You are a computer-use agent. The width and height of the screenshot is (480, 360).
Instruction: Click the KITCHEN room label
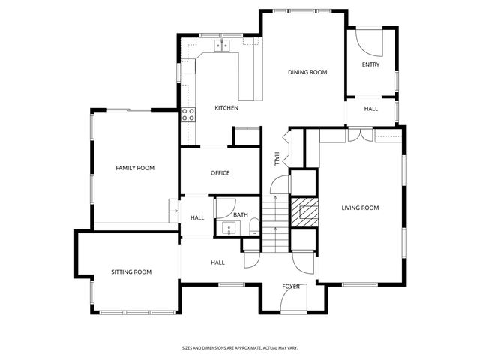tap(226, 108)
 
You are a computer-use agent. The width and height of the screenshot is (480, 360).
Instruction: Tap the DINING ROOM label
tap(307, 72)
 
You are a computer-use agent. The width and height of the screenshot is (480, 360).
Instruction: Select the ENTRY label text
tap(370, 64)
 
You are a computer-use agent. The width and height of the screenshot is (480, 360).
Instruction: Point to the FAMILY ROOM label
tap(135, 168)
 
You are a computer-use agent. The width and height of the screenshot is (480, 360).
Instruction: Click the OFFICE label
tap(220, 173)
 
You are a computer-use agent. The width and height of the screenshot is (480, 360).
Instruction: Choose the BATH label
tap(240, 215)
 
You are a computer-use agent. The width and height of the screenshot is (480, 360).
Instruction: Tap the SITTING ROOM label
tap(131, 271)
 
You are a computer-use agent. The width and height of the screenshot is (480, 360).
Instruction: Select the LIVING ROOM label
tap(360, 208)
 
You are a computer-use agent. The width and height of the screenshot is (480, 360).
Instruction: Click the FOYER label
tap(291, 286)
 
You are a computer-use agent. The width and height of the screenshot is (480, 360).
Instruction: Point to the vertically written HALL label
tap(277, 158)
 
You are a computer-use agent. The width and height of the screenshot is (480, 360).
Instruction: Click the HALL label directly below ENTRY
tap(371, 109)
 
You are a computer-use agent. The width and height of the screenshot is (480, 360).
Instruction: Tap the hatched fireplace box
tap(304, 211)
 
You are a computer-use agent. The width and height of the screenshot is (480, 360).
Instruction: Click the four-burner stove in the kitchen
tap(188, 115)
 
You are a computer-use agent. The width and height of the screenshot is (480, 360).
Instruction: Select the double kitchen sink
tap(223, 46)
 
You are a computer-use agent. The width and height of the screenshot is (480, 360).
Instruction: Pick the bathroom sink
tap(226, 228)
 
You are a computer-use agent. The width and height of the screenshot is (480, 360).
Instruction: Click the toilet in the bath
tap(254, 226)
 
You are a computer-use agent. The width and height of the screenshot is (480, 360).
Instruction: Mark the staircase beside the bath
tap(275, 222)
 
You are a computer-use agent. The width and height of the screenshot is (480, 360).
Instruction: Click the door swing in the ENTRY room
tap(367, 39)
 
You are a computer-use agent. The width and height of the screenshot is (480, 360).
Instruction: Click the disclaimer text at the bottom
tap(240, 347)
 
